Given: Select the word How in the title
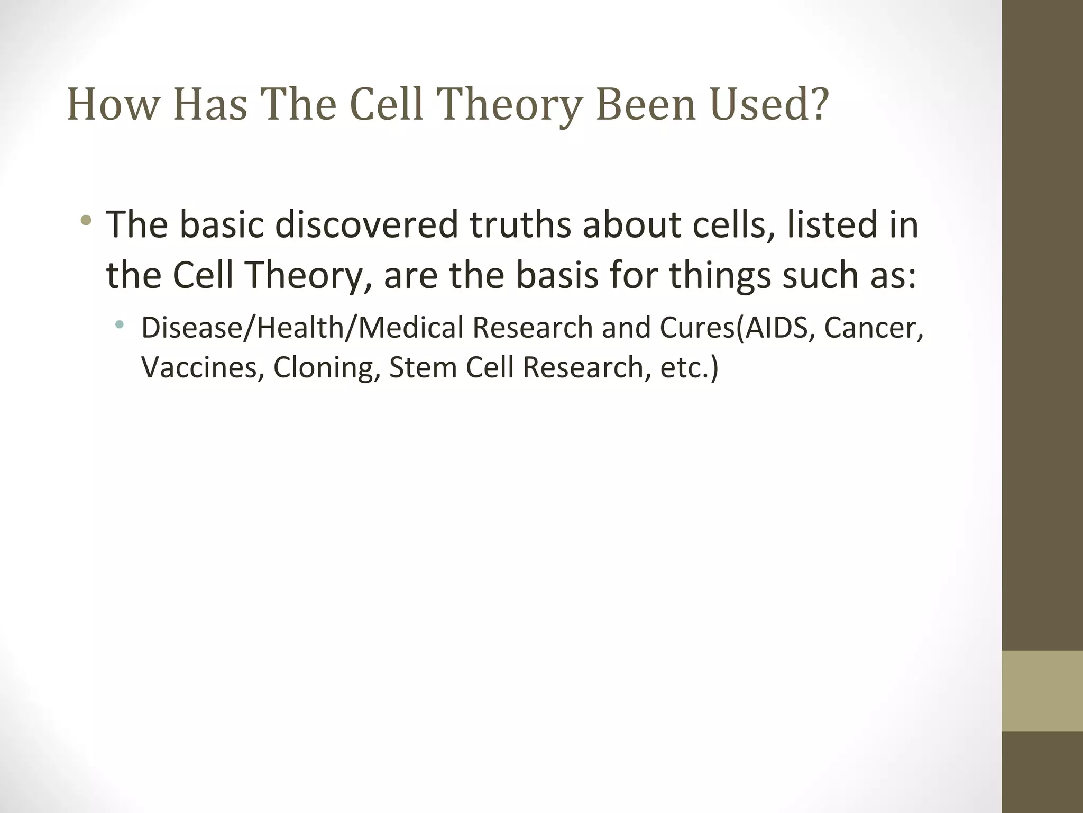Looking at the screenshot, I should tap(113, 104).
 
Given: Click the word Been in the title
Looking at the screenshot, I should tap(646, 104).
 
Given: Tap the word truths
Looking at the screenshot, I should tap(520, 224).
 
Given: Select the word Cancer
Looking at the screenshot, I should tap(873, 328).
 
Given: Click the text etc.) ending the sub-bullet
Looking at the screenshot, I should tap(689, 367).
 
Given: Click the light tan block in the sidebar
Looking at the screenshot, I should tap(1042, 691).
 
